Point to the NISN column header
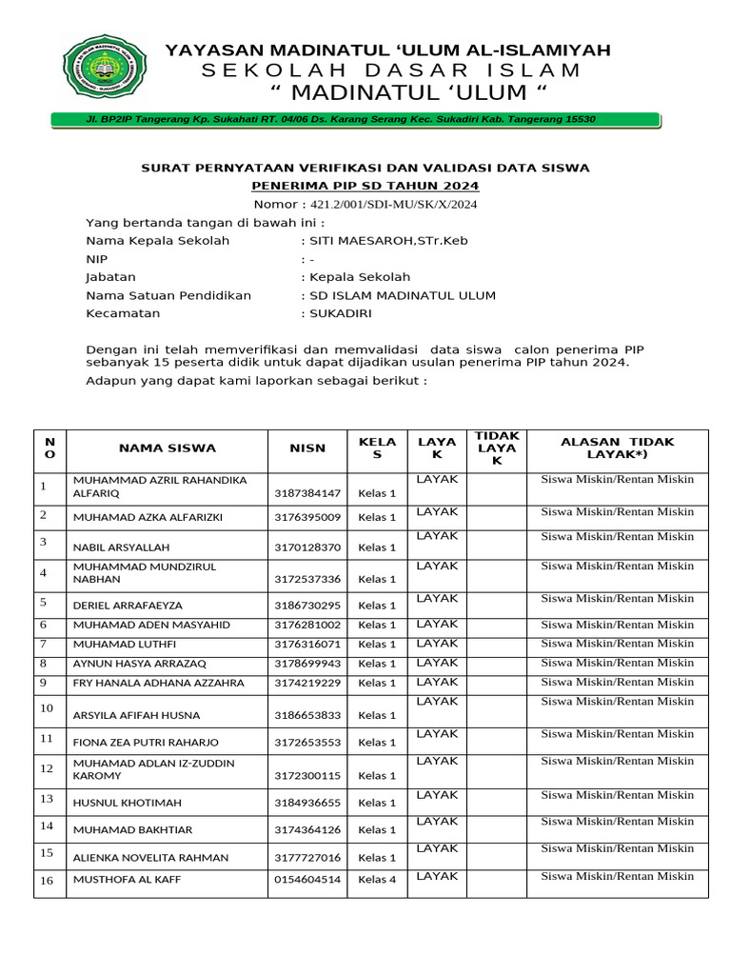(307, 448)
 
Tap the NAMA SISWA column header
(168, 448)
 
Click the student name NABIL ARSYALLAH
(122, 547)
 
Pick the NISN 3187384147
(307, 493)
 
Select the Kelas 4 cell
(377, 879)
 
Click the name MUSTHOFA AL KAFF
(128, 879)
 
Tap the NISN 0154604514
(307, 879)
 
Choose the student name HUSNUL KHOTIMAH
(128, 803)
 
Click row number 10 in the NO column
(47, 707)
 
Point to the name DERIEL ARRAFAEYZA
(128, 605)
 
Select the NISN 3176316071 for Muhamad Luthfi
(307, 644)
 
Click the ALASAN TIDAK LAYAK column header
(617, 448)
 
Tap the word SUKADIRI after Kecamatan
(340, 313)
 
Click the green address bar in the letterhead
(354, 119)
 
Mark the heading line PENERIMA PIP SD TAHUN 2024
(365, 186)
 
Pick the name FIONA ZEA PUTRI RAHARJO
(146, 742)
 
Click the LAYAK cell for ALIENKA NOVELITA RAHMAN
(437, 847)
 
